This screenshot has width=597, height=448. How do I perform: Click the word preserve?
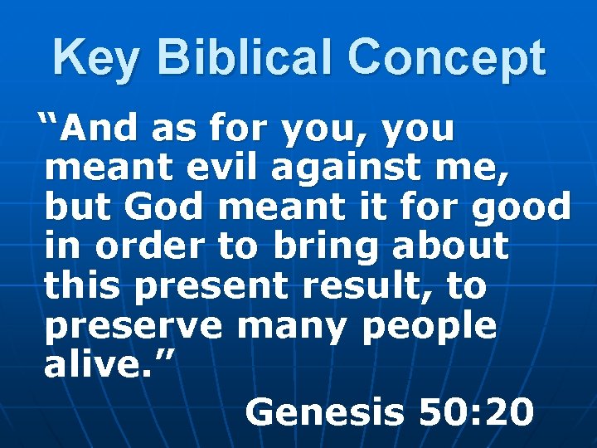(x=133, y=326)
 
